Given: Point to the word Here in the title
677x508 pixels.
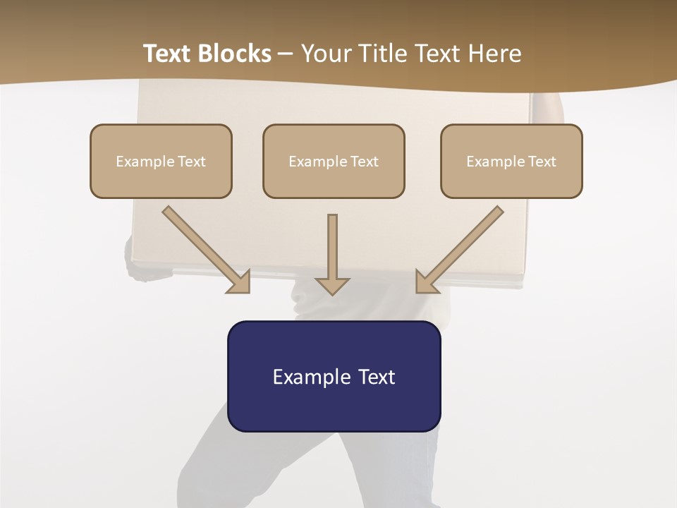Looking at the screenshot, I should tap(494, 54).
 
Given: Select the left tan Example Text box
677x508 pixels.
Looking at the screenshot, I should tap(161, 162).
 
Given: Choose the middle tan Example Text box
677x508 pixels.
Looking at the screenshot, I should tap(334, 162).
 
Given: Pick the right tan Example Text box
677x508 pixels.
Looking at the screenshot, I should tap(511, 162).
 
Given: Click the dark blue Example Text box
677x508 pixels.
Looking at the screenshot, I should tap(334, 377).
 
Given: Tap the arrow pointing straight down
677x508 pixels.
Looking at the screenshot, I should tap(332, 250).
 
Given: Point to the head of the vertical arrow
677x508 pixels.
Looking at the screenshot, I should tap(332, 285).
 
